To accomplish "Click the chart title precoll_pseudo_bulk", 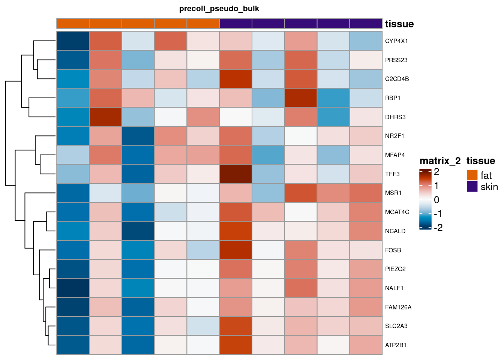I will [219, 9].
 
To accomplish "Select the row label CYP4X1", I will [396, 41].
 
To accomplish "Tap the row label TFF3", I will [392, 174].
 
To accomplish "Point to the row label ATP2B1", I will [396, 345].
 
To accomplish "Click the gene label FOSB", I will [393, 250].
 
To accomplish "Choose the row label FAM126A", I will [398, 307].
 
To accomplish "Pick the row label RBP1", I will [393, 98].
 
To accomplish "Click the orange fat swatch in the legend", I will [472, 175].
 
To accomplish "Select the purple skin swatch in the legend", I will [472, 186].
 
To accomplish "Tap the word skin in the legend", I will [489, 187].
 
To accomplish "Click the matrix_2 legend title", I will [440, 161].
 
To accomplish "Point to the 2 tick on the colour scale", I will [436, 172].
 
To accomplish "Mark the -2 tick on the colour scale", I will [438, 228].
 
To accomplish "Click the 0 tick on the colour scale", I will [436, 200].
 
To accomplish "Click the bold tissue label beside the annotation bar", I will [399, 24].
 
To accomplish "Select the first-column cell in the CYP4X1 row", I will [73, 41].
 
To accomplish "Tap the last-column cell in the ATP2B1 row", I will [366, 345].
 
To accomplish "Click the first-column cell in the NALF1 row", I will [73, 288].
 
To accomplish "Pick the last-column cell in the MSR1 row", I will [366, 193].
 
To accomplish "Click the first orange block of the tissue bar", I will [73, 23].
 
